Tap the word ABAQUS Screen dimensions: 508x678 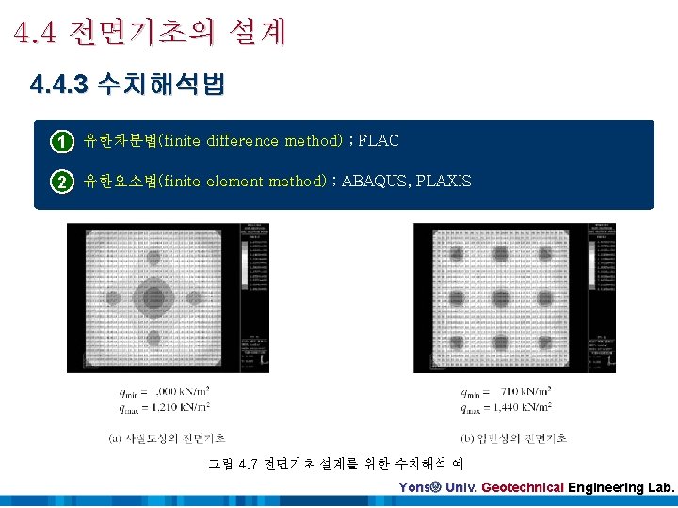click(x=376, y=181)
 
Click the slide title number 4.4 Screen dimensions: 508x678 click(x=35, y=33)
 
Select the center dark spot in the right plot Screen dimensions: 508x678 click(x=499, y=298)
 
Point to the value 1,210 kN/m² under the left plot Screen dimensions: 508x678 click(x=186, y=406)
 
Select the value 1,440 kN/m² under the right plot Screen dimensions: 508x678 click(x=527, y=406)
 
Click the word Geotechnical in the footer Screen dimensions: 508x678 click(x=522, y=488)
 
